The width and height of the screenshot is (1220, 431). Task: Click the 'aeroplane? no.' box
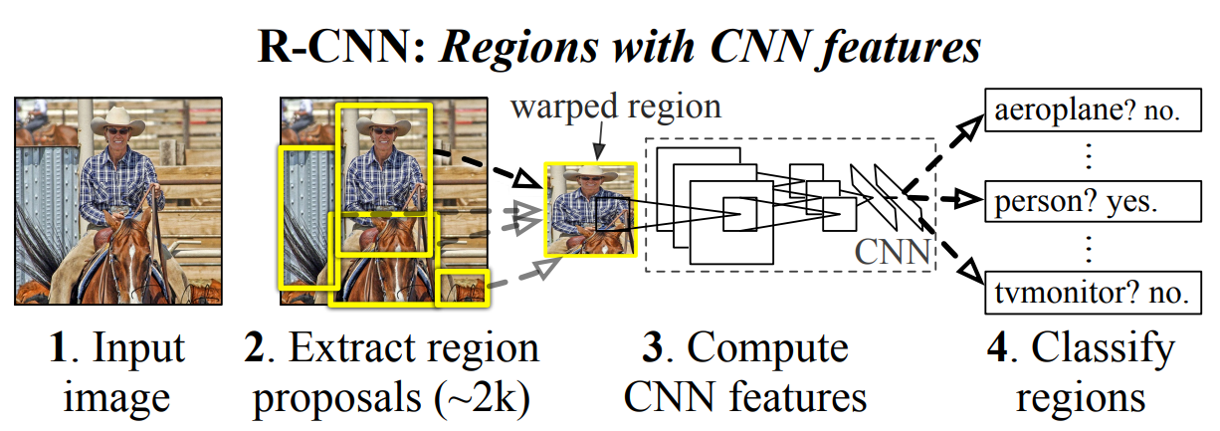pyautogui.click(x=1087, y=112)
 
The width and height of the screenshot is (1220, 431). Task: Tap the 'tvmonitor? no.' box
pyautogui.click(x=1087, y=292)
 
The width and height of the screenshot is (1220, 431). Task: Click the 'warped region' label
pyautogui.click(x=616, y=107)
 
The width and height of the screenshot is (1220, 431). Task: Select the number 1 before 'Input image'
pyautogui.click(x=56, y=348)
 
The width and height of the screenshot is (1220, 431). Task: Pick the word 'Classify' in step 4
pyautogui.click(x=1103, y=348)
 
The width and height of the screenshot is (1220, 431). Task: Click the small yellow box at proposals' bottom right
pyautogui.click(x=463, y=286)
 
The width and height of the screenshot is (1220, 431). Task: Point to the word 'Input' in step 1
pyautogui.click(x=138, y=348)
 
